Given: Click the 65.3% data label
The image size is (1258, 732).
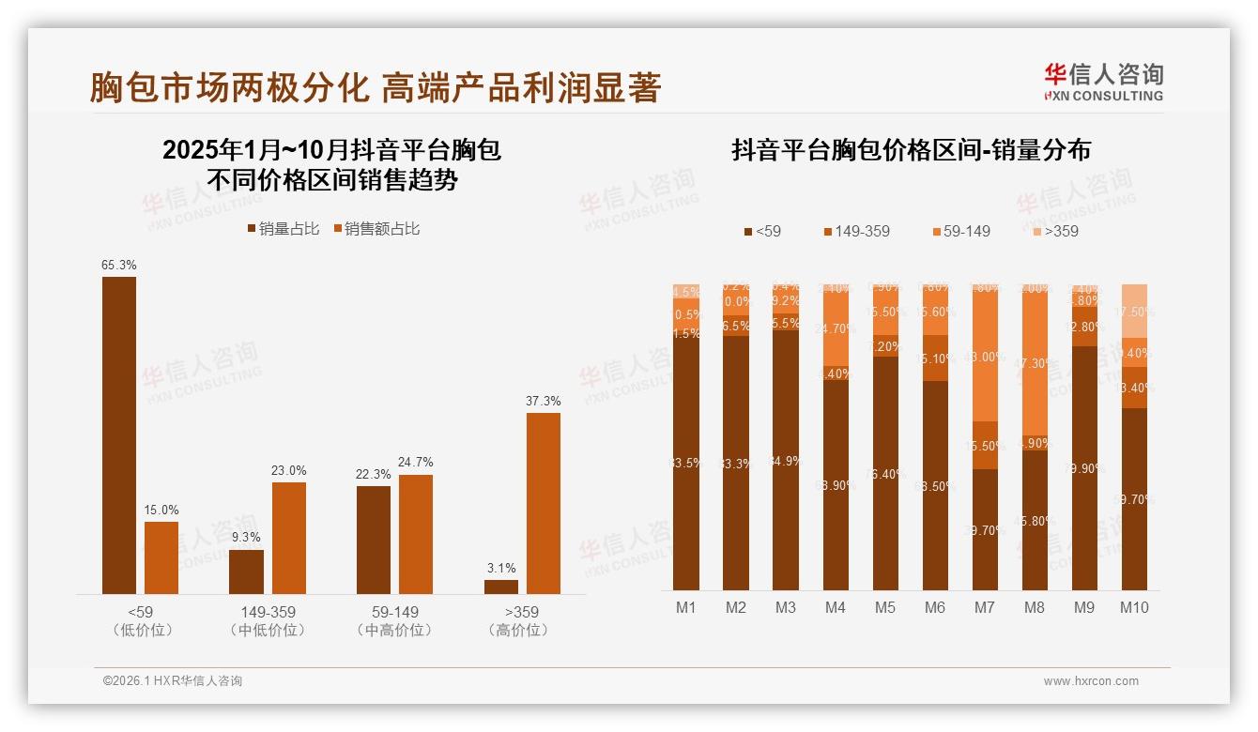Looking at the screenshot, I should [x=119, y=266].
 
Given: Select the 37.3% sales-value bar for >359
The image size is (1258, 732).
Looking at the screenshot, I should [x=543, y=503].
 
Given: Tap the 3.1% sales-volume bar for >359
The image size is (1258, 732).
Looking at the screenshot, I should [x=501, y=587].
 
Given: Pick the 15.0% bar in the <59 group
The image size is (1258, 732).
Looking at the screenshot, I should [x=161, y=557].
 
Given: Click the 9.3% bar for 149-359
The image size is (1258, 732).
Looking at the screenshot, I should [x=247, y=572].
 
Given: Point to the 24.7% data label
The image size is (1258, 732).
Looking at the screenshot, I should [x=415, y=463].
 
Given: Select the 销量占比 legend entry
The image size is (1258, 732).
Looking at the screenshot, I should [x=283, y=229].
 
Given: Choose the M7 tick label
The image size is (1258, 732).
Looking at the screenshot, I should [x=984, y=608].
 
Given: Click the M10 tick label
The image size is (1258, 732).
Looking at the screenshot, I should [x=1134, y=608].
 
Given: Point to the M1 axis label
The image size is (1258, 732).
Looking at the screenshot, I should [x=686, y=608].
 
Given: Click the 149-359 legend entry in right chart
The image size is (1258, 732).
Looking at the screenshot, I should [x=855, y=231].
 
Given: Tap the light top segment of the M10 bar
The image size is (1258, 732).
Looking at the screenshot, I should [x=1134, y=310].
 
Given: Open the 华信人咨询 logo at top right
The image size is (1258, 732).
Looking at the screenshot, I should [x=1103, y=82].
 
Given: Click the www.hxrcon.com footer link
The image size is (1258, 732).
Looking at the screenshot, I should [x=1091, y=681].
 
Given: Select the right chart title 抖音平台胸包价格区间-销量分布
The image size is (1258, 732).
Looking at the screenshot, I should [x=911, y=151].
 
